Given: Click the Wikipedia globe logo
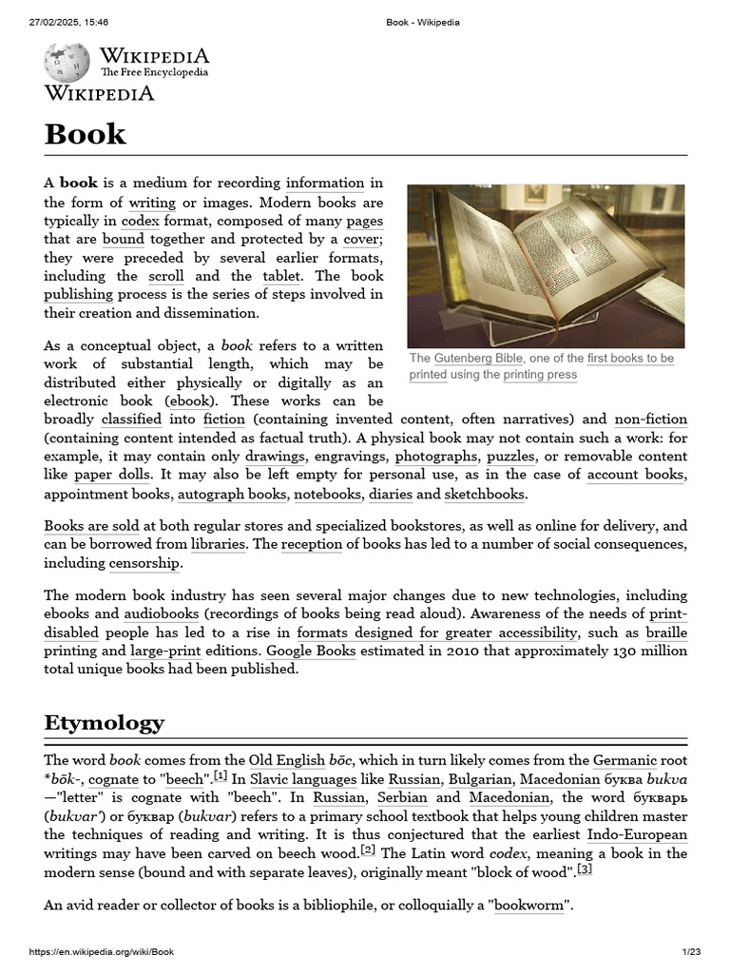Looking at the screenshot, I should (x=67, y=62).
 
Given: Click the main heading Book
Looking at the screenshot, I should (x=85, y=133).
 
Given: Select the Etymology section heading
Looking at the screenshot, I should (x=104, y=722).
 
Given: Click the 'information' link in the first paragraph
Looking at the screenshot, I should (x=325, y=183).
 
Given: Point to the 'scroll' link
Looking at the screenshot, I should (x=166, y=276).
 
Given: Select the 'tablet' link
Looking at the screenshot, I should (x=282, y=276).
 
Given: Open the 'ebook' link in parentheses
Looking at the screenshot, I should (x=190, y=400).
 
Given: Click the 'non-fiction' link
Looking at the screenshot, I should (x=650, y=419).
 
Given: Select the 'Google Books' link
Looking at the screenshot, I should (x=311, y=651).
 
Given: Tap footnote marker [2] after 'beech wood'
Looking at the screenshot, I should (x=368, y=849).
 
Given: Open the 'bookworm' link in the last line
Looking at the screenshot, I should (x=528, y=906).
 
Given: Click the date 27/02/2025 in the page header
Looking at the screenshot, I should (x=56, y=22).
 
